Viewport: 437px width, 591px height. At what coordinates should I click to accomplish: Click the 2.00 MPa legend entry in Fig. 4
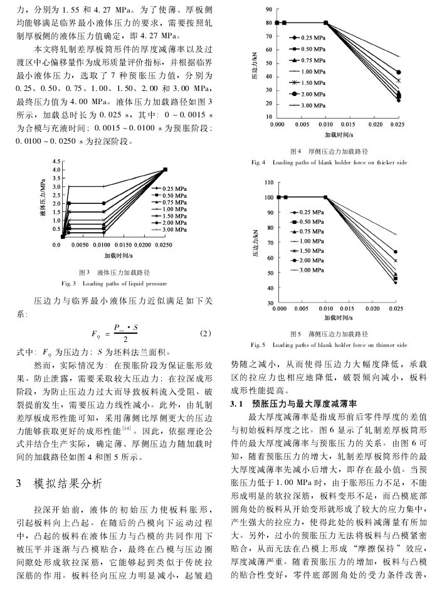307,93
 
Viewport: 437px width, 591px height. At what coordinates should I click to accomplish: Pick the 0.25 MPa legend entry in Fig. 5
307,212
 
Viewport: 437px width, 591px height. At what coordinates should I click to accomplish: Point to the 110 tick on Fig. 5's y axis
269,182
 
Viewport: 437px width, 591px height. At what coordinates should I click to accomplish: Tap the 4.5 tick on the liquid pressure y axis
56,162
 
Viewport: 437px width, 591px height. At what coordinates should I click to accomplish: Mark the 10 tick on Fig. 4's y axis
269,117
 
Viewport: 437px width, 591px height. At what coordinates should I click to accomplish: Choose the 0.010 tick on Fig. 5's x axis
326,309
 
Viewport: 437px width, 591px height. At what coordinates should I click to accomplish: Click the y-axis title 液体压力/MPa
43,199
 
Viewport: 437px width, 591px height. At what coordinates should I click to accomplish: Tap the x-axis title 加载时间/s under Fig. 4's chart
337,134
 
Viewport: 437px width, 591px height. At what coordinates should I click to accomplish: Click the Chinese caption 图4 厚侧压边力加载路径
329,151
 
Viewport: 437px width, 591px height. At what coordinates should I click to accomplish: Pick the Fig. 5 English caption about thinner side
329,344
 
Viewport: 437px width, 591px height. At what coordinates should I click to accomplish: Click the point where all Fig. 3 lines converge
165,169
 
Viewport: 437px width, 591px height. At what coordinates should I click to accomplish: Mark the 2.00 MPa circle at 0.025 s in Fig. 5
396,252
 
